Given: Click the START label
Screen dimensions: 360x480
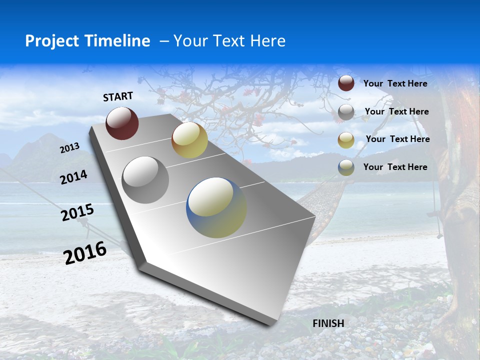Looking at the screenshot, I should (x=118, y=96).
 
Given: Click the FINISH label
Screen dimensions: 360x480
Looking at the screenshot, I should (x=328, y=323).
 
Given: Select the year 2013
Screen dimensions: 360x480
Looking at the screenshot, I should (x=69, y=148).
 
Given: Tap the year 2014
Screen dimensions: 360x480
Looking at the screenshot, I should (x=73, y=177).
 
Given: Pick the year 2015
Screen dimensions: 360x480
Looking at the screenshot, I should (x=77, y=212).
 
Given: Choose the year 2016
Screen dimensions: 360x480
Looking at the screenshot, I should (x=85, y=252).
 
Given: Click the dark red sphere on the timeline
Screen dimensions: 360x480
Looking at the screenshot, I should (x=122, y=123).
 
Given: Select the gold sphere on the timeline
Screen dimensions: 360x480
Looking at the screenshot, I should (x=189, y=140).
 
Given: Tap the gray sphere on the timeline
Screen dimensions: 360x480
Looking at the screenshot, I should (x=145, y=179).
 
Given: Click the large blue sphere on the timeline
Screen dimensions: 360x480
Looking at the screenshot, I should (x=216, y=207).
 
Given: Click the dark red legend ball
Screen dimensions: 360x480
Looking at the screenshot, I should (x=346, y=83).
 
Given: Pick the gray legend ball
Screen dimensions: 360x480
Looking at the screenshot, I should (x=346, y=112).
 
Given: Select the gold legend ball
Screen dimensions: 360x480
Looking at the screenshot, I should (x=346, y=140).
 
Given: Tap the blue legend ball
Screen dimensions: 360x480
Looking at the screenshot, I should (x=346, y=167).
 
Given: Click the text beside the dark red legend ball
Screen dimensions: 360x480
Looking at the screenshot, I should (x=395, y=83).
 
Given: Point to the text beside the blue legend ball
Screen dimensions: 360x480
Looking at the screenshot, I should (x=395, y=167).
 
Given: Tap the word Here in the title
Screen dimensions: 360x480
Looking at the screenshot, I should (x=268, y=41).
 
